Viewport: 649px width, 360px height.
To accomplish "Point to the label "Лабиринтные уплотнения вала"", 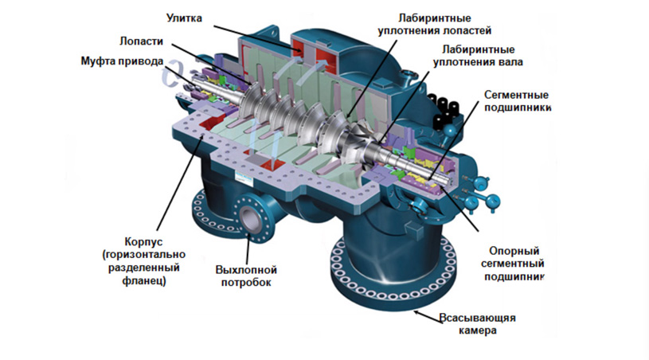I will tap(478, 56).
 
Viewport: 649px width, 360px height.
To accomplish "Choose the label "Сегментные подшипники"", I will tap(517, 100).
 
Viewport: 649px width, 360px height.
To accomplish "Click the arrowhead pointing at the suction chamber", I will tap(417, 312).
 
